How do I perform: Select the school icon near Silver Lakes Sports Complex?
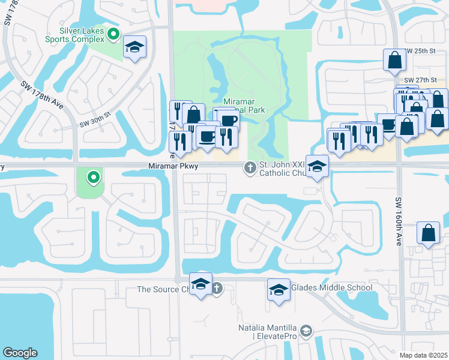(x=135, y=47)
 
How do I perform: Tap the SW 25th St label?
(x=420, y=52)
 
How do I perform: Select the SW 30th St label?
(x=95, y=124)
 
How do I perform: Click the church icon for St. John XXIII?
(x=250, y=167)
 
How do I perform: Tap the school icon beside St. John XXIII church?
(x=316, y=166)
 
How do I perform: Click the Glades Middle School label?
(x=331, y=288)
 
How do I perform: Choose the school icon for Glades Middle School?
(x=279, y=290)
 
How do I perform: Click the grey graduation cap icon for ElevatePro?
(x=306, y=331)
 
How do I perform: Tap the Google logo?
(x=20, y=353)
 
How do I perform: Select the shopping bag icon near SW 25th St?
(x=395, y=59)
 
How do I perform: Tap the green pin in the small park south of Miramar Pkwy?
(x=93, y=177)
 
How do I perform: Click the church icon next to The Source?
(x=217, y=289)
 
